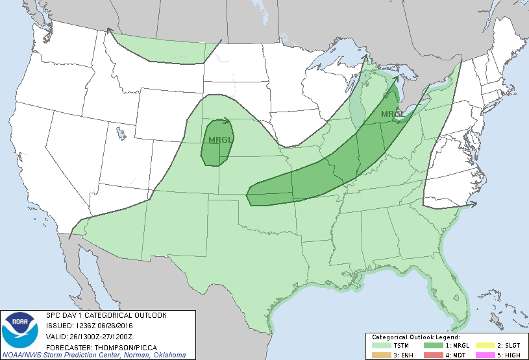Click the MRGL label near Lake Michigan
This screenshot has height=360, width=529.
(391, 114)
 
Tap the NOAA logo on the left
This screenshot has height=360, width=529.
(20, 329)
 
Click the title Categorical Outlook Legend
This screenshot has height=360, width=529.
(415, 337)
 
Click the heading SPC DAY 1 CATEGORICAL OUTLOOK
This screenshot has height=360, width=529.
(106, 315)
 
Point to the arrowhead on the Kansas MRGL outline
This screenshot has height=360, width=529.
(227, 119)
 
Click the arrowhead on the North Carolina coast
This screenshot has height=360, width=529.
(473, 204)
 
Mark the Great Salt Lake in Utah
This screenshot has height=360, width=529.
(121, 134)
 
